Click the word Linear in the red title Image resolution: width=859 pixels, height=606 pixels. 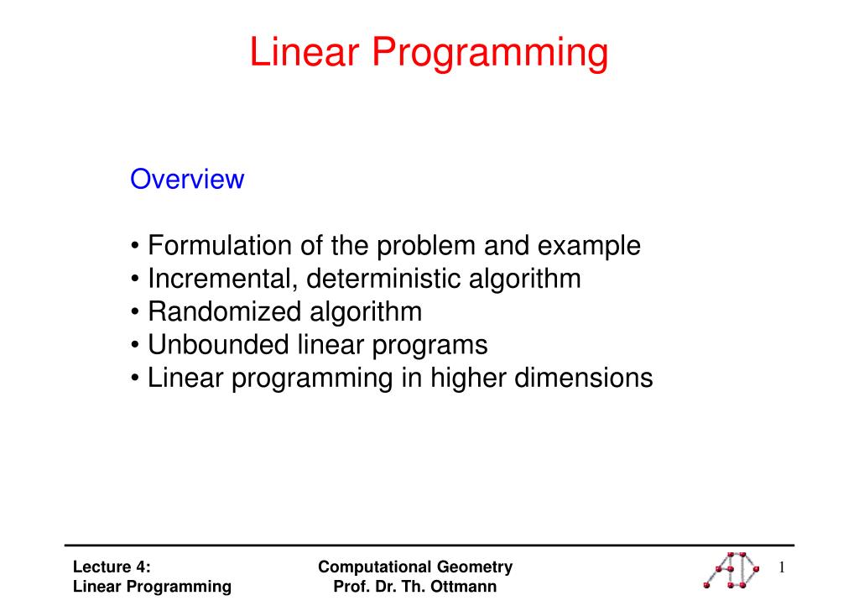pyautogui.click(x=304, y=53)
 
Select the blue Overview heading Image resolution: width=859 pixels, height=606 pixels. pyautogui.click(x=187, y=179)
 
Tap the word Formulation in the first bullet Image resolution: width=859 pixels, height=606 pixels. pyautogui.click(x=220, y=245)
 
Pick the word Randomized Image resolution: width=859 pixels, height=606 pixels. pyautogui.click(x=224, y=311)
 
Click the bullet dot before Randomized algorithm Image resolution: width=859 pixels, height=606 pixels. pyautogui.click(x=135, y=312)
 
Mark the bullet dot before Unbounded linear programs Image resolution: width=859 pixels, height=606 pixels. pyautogui.click(x=135, y=346)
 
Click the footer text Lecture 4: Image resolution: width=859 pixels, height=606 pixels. pyautogui.click(x=112, y=567)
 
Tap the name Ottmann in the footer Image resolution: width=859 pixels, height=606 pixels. pyautogui.click(x=463, y=586)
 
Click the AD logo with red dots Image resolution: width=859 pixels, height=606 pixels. pyautogui.click(x=731, y=570)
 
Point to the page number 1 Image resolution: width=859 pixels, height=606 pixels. pyautogui.click(x=782, y=567)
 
